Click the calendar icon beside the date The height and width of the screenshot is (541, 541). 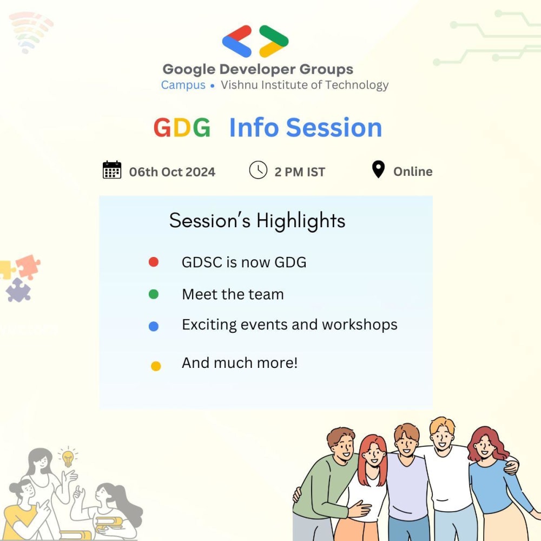coord(112,170)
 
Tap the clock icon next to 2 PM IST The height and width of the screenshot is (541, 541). coord(258,170)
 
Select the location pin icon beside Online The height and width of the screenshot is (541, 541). coord(378,169)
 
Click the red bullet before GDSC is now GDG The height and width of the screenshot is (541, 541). coord(153,262)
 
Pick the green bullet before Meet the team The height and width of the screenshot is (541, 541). coord(153,294)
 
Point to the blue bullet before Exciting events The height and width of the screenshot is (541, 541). coord(153,326)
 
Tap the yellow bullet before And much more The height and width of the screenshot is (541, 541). coord(156,366)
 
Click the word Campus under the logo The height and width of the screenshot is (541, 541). coord(183,85)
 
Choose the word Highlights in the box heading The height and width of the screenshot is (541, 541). coord(301,221)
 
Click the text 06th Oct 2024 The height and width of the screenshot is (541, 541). coord(172,172)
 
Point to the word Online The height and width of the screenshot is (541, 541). coord(413,171)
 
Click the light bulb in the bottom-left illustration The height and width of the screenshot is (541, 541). coord(68,458)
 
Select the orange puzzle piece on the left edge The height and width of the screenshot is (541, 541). coord(28,265)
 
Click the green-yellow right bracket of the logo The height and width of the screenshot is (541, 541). coord(274,41)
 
